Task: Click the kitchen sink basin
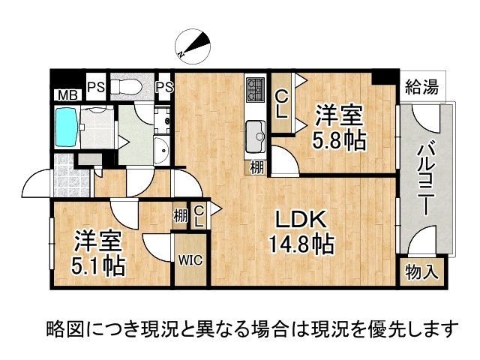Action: (255, 136)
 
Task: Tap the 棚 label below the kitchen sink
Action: (256, 167)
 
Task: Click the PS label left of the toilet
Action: (94, 87)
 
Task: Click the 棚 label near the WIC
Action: (180, 215)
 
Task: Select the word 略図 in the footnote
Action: (64, 328)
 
